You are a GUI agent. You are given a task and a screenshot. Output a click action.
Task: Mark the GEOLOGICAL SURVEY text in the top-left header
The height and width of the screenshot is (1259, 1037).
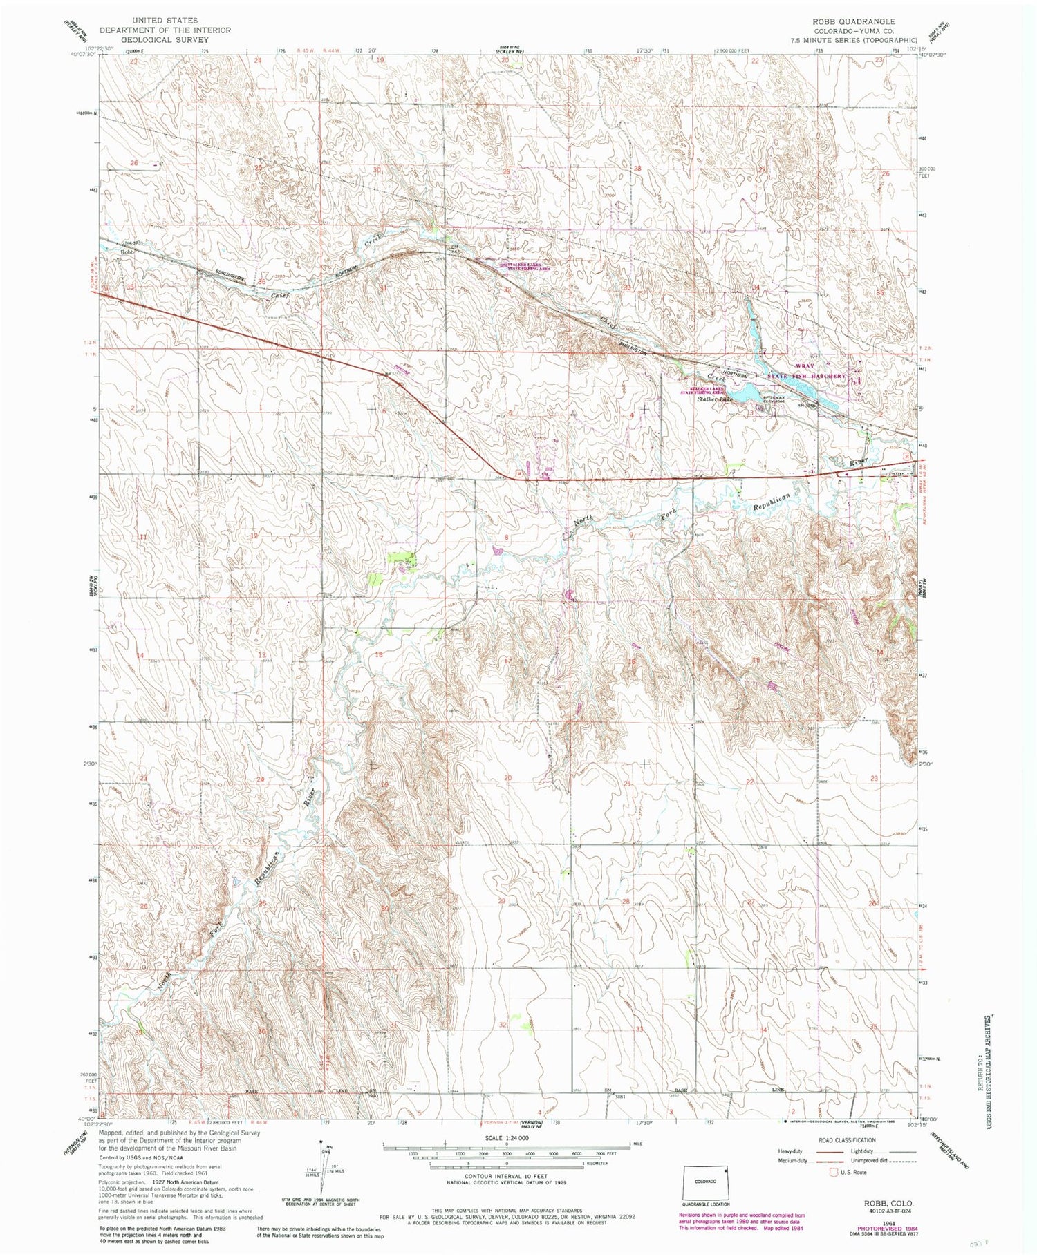point(166,40)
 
